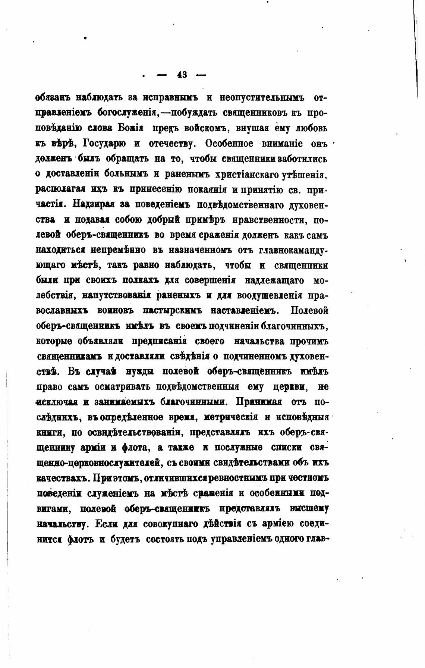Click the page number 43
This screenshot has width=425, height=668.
pyautogui.click(x=182, y=75)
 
